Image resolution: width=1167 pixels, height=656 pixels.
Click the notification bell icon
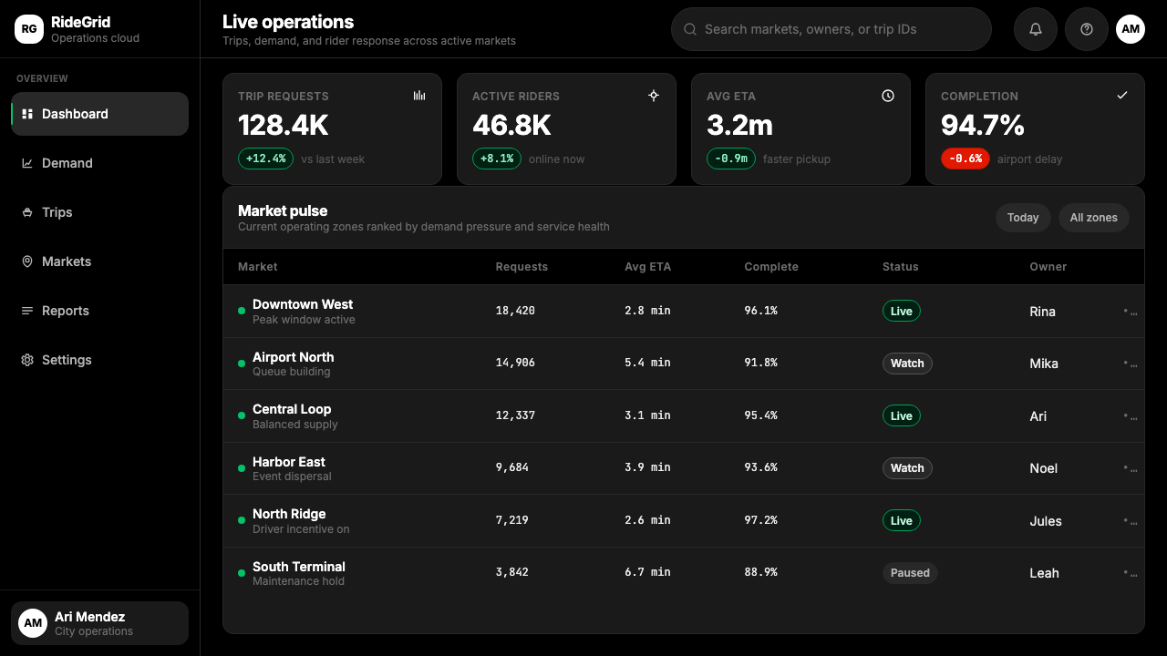[1035, 29]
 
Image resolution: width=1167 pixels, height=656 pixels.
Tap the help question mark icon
[1086, 29]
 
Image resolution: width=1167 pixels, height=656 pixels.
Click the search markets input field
[831, 29]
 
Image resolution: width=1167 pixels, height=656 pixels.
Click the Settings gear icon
[27, 360]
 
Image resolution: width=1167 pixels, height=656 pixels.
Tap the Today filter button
[1023, 218]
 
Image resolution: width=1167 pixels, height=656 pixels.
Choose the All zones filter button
[1093, 218]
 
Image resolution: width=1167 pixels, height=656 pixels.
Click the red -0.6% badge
[965, 159]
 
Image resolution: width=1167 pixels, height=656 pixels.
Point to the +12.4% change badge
[265, 159]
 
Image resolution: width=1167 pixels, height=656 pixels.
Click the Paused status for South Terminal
[910, 573]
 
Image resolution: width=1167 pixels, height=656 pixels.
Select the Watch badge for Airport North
[907, 364]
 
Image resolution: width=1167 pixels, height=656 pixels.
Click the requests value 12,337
[515, 415]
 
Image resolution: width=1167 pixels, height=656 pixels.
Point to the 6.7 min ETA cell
[647, 572]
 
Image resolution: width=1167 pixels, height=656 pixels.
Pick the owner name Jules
[1045, 521]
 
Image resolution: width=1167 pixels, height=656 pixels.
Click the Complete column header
[771, 267]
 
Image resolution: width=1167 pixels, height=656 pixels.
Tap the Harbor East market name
[289, 462]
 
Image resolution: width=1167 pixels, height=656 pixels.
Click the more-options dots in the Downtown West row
[1130, 312]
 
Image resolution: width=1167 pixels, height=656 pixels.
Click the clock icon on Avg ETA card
[888, 96]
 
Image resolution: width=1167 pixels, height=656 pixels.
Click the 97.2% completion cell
[760, 520]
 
